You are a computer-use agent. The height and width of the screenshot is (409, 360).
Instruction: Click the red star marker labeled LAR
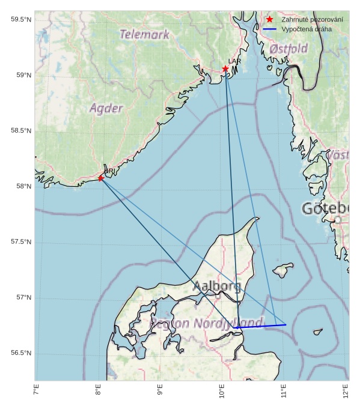click(x=225, y=68)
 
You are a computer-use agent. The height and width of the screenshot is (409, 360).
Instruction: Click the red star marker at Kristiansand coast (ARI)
click(x=101, y=178)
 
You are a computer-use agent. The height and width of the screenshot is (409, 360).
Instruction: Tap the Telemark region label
click(x=144, y=35)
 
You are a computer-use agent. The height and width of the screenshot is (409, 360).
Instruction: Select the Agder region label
click(x=106, y=109)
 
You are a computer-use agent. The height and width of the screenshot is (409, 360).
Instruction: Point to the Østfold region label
click(x=288, y=48)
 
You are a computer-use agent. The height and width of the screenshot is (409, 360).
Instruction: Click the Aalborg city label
click(x=217, y=286)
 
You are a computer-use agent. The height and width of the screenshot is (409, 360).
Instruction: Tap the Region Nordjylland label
click(x=206, y=323)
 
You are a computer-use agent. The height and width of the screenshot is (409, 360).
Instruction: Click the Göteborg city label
click(x=325, y=209)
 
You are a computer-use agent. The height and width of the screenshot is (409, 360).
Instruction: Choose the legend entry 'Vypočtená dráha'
click(x=306, y=29)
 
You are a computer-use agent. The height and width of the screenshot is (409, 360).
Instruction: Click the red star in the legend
click(x=269, y=20)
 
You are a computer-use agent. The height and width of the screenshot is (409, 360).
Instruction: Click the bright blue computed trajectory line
click(x=261, y=326)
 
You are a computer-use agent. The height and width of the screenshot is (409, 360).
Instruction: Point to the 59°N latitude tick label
click(x=21, y=75)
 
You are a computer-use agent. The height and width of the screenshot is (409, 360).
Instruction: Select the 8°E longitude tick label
click(x=99, y=391)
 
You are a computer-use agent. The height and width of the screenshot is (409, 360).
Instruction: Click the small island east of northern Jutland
click(x=282, y=270)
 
